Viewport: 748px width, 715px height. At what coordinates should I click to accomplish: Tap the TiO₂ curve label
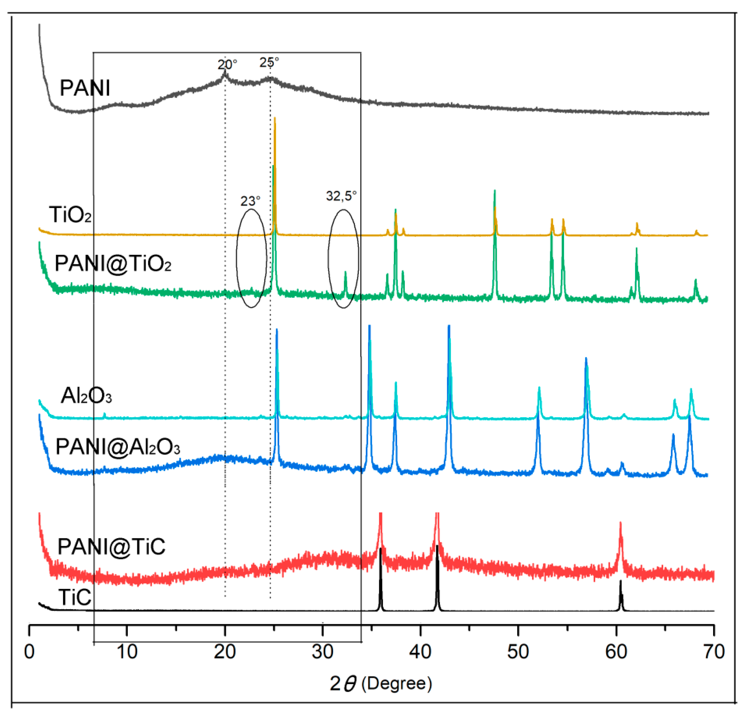70,214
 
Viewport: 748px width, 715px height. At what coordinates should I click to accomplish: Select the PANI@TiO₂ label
113,263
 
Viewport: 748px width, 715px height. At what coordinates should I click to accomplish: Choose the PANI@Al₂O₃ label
117,446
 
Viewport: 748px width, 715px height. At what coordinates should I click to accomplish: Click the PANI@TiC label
111,547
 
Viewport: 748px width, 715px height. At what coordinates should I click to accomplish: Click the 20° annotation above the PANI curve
227,64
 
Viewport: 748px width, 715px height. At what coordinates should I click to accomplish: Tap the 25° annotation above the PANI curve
269,62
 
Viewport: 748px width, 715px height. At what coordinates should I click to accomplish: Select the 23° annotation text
250,201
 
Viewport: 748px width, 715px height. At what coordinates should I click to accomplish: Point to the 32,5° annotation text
341,196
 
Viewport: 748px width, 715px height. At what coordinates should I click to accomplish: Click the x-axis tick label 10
127,652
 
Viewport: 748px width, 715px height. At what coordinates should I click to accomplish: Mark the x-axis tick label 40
420,652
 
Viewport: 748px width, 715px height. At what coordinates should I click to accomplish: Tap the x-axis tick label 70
714,652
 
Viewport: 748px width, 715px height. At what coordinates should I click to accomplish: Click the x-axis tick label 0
29,652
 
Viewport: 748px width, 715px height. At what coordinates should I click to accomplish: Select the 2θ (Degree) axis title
381,684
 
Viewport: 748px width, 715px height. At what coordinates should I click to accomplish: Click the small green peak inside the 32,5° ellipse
345,273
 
